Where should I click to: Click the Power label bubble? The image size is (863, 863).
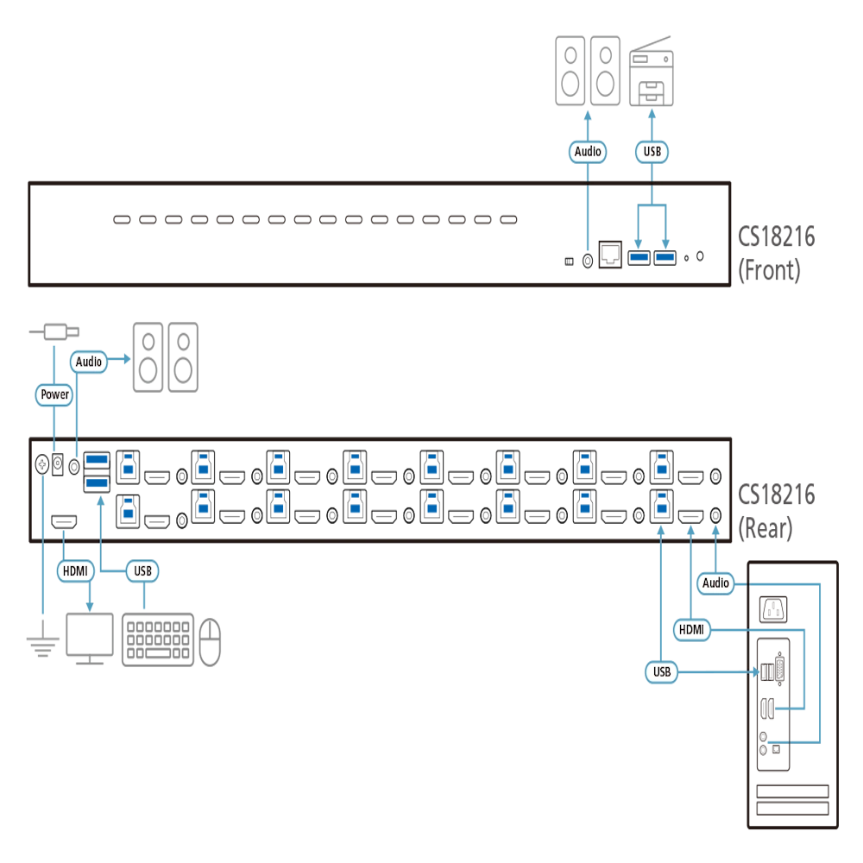(54, 394)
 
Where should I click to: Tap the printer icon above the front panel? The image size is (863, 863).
(651, 71)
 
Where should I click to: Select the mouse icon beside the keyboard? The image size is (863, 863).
(210, 642)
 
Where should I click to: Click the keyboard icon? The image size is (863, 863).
(158, 639)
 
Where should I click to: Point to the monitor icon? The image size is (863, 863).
(90, 639)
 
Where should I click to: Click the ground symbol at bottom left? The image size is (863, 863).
(42, 645)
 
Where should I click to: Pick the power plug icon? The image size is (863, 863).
(54, 332)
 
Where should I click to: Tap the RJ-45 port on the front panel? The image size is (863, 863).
(610, 255)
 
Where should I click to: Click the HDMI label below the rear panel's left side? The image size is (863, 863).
(75, 570)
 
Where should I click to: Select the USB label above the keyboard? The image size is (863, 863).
(142, 570)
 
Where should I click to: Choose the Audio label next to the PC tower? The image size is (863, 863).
(715, 583)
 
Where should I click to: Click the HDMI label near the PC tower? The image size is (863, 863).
(691, 629)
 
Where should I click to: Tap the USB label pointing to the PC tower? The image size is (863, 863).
(662, 672)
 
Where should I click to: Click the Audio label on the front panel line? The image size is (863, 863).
(588, 151)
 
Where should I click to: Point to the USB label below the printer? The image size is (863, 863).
(652, 151)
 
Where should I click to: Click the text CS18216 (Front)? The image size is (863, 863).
(776, 253)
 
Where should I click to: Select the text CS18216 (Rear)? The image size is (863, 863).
(776, 511)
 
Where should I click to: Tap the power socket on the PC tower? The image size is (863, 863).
(772, 609)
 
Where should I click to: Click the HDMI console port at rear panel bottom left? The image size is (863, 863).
(64, 521)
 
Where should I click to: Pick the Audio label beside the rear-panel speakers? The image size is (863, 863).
(89, 362)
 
